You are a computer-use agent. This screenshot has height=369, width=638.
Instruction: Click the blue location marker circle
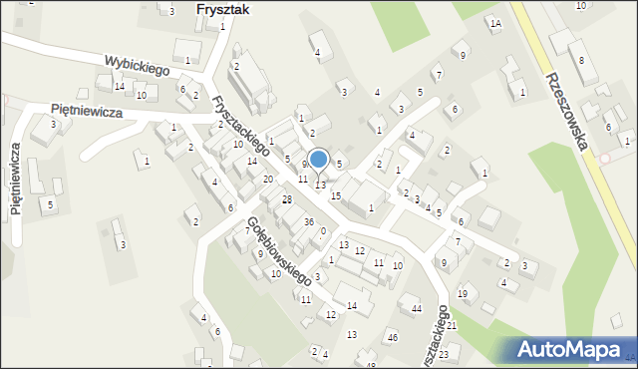pos(318,159)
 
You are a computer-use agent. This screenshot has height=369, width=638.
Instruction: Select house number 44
pos(417,309)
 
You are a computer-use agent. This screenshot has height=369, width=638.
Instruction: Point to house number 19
pos(462,293)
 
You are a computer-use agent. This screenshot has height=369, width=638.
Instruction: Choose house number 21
pos(451,325)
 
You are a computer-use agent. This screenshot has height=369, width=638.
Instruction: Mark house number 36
pos(309,221)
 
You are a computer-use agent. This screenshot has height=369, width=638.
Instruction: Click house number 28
pos(286,200)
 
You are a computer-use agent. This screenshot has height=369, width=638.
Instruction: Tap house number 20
pos(268,179)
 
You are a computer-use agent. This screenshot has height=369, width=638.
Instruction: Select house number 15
pos(336,196)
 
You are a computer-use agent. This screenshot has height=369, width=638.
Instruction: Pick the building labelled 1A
pos(495,23)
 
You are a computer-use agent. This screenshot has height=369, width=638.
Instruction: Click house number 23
pos(443,355)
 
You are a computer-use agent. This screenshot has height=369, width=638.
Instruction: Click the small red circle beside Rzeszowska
pos(604,158)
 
